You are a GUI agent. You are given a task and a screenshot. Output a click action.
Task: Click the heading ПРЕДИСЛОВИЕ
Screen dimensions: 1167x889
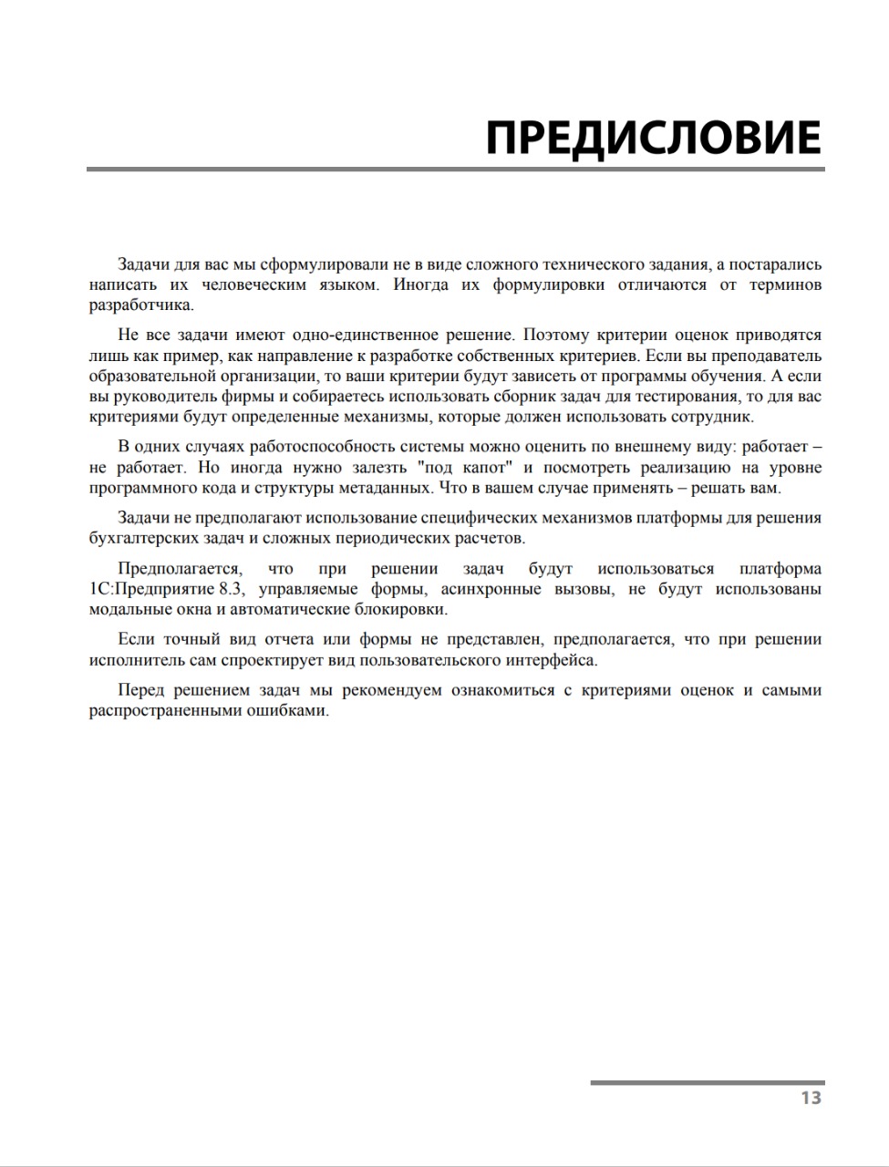(x=653, y=138)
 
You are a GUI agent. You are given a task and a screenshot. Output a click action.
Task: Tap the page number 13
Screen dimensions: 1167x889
(x=811, y=1098)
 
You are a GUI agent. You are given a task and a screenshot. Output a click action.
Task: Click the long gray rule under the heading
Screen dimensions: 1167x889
(x=456, y=169)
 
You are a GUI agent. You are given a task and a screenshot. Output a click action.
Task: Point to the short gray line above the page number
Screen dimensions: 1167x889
(x=707, y=1082)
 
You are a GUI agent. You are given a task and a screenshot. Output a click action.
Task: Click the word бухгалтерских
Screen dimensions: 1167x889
(x=139, y=538)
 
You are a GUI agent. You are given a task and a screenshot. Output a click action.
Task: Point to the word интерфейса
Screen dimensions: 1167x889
(x=555, y=659)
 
